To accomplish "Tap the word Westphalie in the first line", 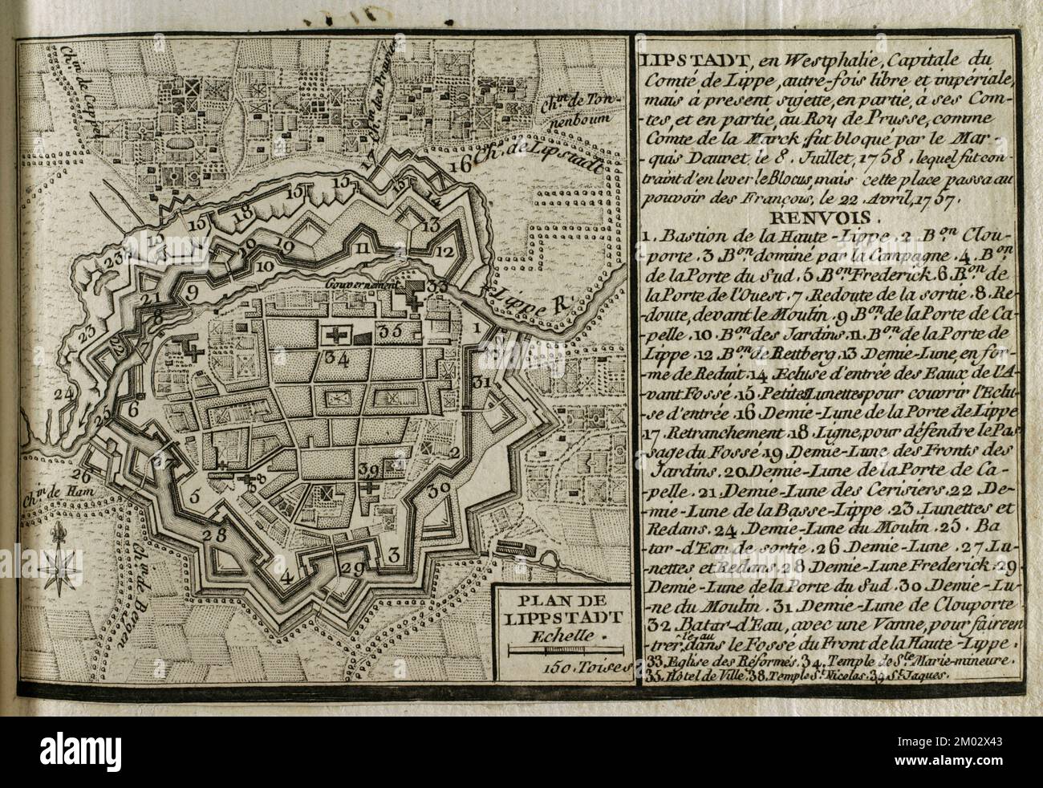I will pos(789,59).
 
